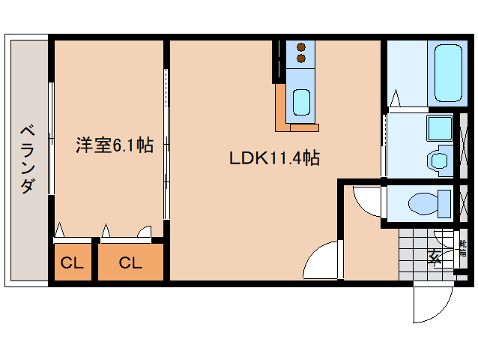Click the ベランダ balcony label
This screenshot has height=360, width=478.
(27, 157)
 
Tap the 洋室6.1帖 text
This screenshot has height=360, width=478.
(114, 145)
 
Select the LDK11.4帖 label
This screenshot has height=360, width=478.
(274, 159)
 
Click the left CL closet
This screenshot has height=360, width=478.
(72, 263)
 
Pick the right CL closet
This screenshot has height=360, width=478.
(130, 263)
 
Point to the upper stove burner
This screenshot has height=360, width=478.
(301, 45)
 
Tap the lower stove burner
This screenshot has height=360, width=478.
(301, 58)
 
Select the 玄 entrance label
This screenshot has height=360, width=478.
(435, 257)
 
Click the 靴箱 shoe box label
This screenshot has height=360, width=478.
(462, 249)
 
